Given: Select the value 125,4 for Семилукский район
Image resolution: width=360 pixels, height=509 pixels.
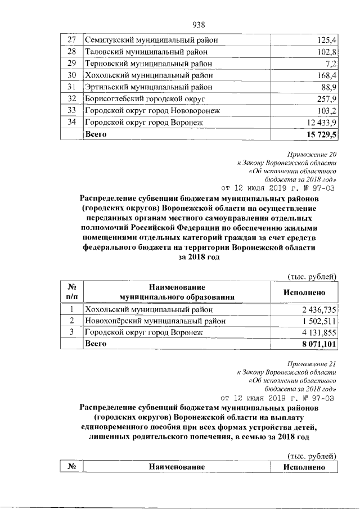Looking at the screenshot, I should point(326,40).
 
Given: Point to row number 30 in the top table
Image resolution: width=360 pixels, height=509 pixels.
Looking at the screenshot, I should point(71,75).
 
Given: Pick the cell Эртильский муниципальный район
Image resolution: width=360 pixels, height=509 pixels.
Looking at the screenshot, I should point(148,87).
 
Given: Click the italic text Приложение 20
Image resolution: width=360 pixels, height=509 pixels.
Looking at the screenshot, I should point(312,154).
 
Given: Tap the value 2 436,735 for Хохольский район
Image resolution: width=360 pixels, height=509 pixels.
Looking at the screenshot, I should point(318,309).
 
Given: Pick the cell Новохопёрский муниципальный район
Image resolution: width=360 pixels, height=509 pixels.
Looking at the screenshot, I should point(155,321).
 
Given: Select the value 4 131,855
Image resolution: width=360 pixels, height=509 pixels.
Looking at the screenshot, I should point(318,333).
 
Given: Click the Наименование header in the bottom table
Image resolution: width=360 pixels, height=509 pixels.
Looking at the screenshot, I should point(177,467).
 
